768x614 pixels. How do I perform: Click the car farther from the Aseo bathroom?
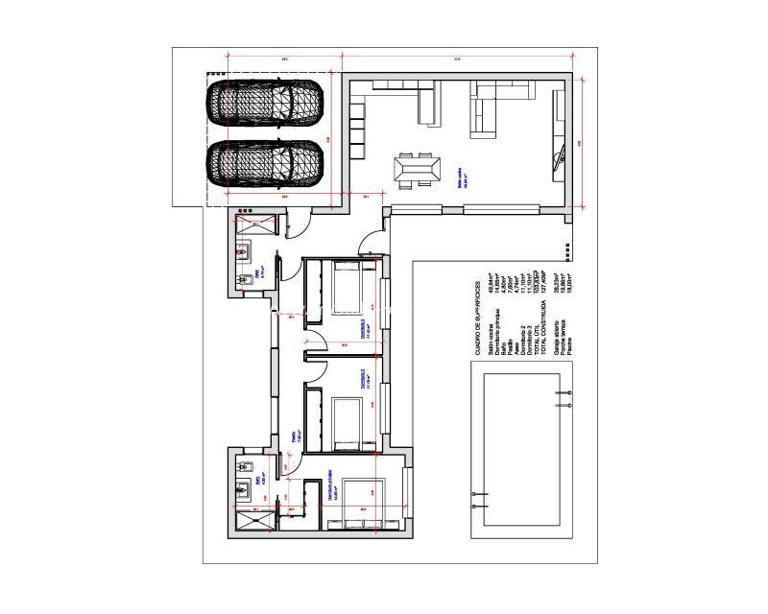(x=267, y=102)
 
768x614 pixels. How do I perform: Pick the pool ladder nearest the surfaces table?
(x=563, y=392)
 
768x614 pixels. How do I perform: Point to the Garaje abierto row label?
(x=557, y=327)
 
